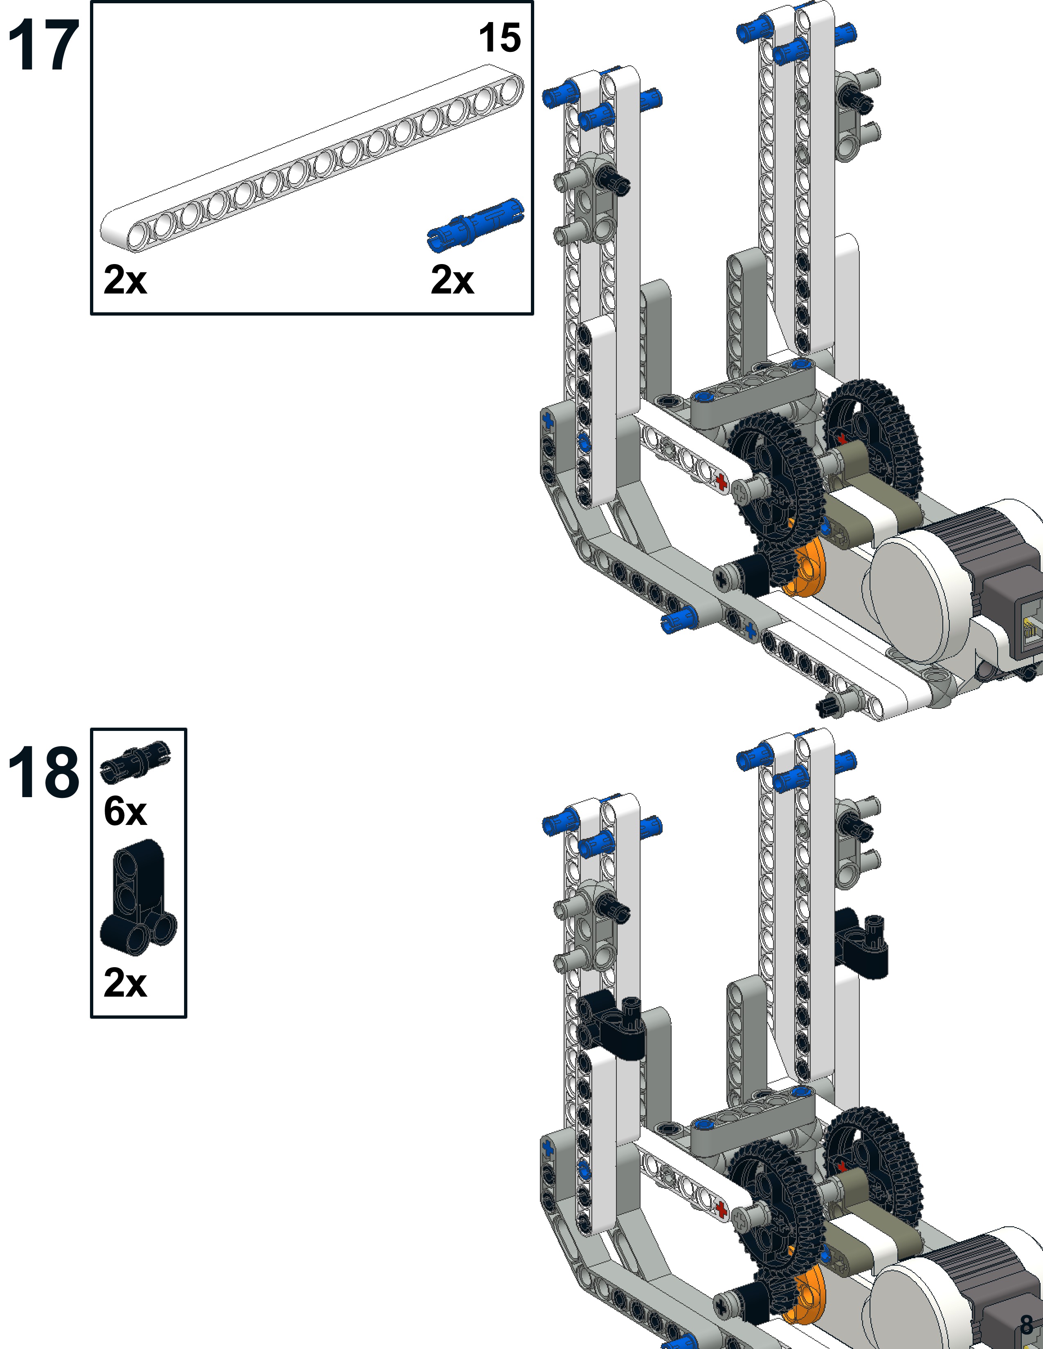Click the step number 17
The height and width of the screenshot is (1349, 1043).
tap(43, 45)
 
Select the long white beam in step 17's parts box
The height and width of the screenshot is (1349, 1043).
tap(312, 158)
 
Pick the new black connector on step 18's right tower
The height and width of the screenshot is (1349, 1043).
tap(860, 941)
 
